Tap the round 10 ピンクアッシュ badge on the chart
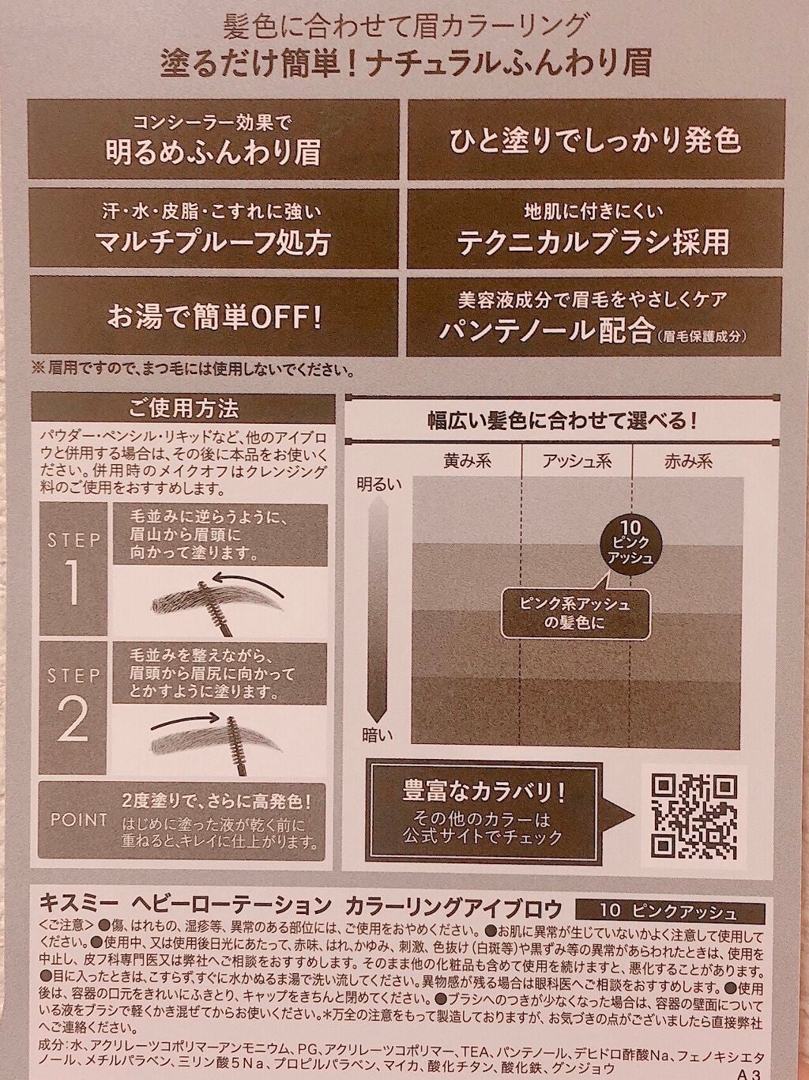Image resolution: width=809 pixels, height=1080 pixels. tap(629, 543)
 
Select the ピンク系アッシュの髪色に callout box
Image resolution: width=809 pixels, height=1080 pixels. tap(563, 613)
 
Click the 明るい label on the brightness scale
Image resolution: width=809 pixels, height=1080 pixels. tap(379, 482)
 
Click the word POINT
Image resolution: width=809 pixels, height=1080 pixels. tap(79, 819)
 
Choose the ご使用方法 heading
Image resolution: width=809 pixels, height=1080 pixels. tap(182, 409)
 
